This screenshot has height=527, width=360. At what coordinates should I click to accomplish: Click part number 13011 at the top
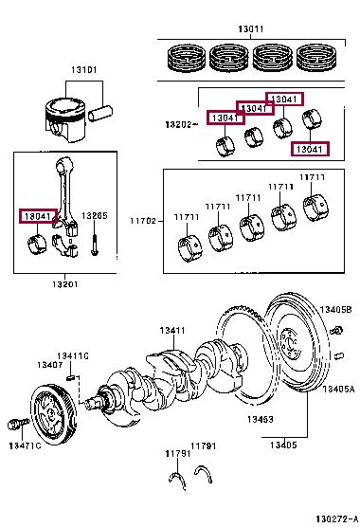tap(251, 29)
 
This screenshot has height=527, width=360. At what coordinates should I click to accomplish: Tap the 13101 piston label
tap(84, 70)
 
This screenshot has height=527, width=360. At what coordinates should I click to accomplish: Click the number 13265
tap(95, 216)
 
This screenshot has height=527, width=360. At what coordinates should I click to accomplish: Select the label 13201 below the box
tap(64, 284)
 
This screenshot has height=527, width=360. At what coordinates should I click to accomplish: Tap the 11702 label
tap(143, 221)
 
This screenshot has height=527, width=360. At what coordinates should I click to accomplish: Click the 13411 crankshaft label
tap(172, 331)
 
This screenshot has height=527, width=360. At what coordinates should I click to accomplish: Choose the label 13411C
tap(73, 356)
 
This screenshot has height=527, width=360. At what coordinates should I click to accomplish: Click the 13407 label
tap(50, 365)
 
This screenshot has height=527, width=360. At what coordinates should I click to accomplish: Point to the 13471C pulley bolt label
tap(25, 445)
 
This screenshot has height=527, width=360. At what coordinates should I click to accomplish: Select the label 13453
tap(261, 419)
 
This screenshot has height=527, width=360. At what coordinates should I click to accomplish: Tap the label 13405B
tap(335, 310)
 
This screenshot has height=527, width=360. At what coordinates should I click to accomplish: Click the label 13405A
tap(338, 389)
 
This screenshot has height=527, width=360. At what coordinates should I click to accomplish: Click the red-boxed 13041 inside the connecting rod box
tap(38, 216)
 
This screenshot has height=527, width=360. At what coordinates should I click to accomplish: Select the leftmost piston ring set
tap(187, 58)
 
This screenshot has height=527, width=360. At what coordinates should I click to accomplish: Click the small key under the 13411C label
tap(70, 378)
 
